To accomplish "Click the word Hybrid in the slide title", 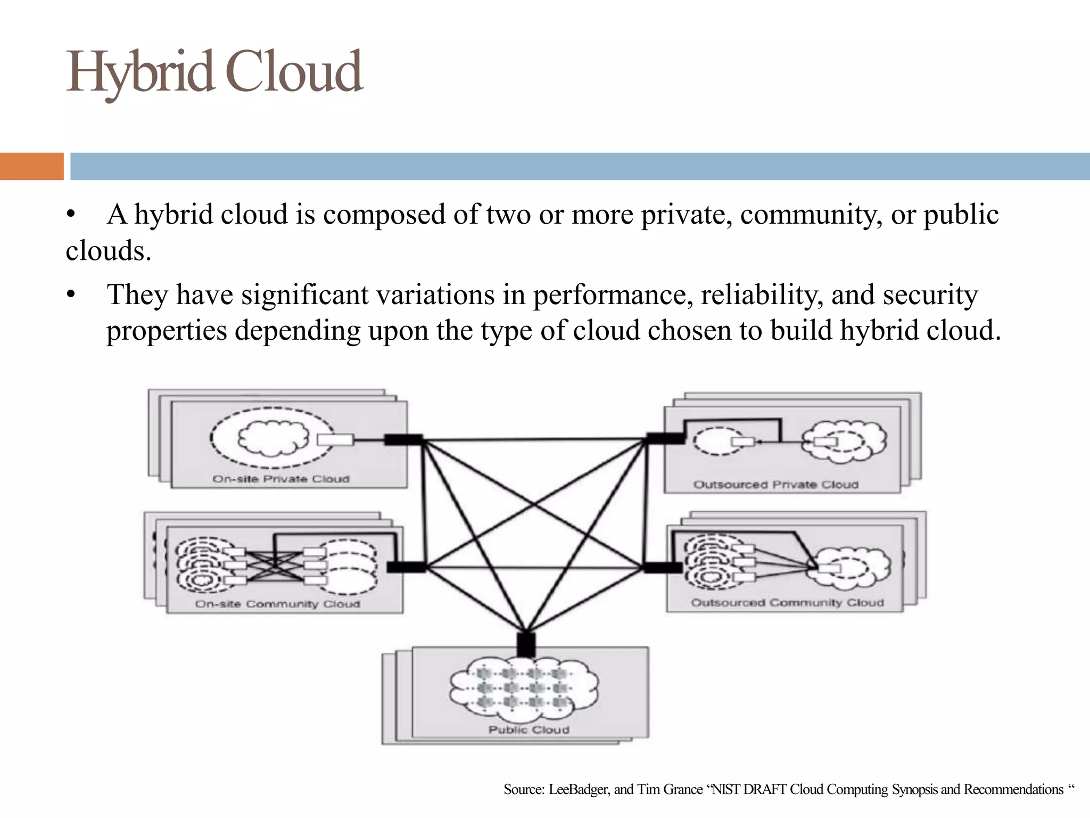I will tap(139, 72).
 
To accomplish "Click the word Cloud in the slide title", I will tap(294, 71).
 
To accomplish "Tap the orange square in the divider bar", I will tap(31, 166).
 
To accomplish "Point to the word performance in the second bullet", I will tap(613, 295).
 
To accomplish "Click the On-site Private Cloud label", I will tap(281, 479).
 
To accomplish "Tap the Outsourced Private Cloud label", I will tap(776, 485).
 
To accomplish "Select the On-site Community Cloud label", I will tap(278, 604).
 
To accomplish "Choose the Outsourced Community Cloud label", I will tap(787, 603).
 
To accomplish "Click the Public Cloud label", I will tap(529, 730).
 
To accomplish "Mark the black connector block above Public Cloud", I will tap(526, 645).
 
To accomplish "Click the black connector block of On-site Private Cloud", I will tap(403, 440).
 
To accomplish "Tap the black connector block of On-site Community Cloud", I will tap(406, 567).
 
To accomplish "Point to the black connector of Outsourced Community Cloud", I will tap(663, 567).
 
